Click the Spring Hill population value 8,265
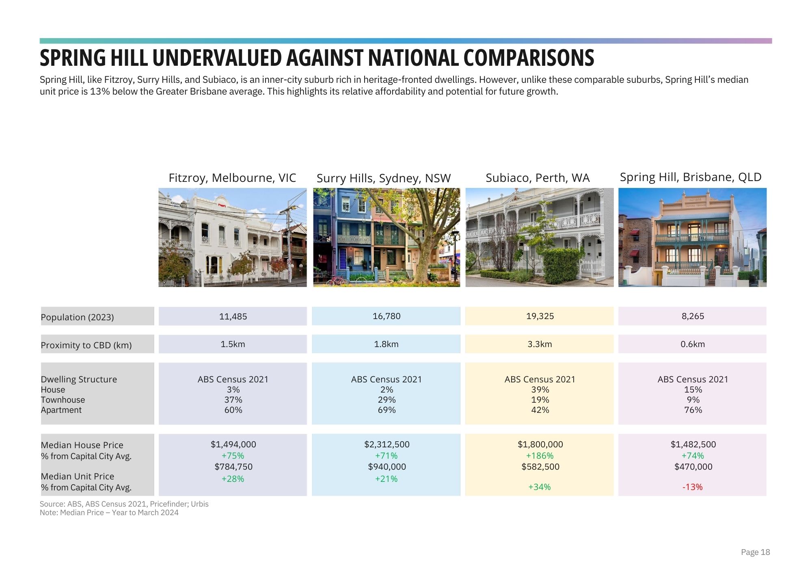pos(693,316)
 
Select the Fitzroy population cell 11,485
pos(233,317)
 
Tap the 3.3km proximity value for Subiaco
pos(540,344)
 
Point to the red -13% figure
pos(692,487)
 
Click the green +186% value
pos(540,455)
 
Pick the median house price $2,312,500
pos(387,445)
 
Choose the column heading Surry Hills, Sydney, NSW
pos(384,178)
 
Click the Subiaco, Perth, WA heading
pos(538,178)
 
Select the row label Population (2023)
pos(77,317)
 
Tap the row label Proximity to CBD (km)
pos(86,345)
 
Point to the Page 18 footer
pos(755,552)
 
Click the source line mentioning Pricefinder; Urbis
pos(124,504)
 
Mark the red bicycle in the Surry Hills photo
pos(337,280)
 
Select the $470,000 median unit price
pos(693,467)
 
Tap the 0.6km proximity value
pos(693,344)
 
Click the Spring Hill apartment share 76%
pos(693,410)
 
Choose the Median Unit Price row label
pos(78,476)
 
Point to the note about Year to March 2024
pos(109,513)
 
